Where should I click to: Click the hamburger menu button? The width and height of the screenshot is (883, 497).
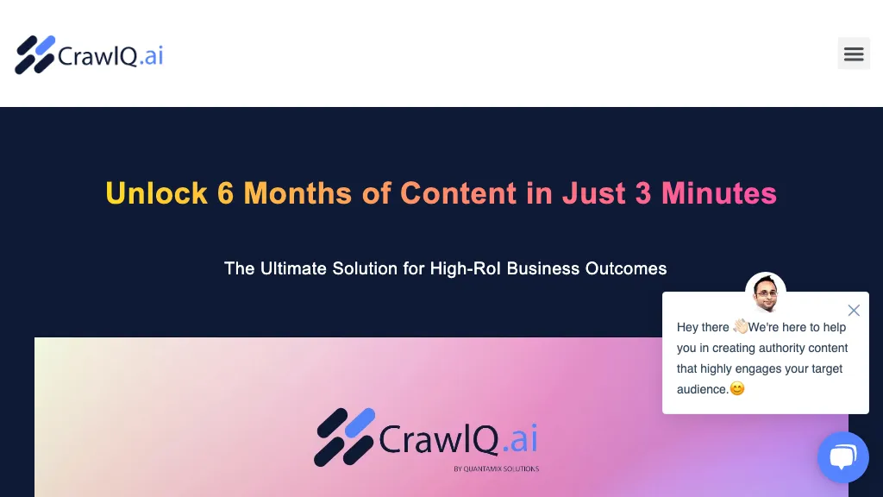point(854,53)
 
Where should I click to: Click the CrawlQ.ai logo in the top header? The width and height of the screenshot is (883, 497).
point(89,55)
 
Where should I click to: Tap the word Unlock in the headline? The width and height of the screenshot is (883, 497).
point(156,193)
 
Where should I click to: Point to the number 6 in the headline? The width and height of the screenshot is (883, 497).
point(226,193)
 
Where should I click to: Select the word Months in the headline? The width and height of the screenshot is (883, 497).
point(297,193)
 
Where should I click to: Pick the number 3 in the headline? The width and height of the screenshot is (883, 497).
point(643,193)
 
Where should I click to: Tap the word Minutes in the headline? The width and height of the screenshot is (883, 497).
point(719,193)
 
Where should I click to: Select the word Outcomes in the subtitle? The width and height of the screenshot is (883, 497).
point(626,268)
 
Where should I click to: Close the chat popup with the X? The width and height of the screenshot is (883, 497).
point(854,311)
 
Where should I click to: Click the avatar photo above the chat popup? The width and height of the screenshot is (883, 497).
point(766,293)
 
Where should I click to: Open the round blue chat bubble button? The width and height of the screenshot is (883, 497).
point(842,456)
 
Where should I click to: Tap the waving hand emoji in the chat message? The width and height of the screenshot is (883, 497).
point(741,327)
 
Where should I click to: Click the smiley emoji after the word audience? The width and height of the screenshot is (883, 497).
point(737,389)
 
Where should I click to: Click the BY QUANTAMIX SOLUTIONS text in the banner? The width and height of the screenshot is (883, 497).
point(496,469)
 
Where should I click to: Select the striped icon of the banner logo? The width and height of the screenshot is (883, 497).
point(344,437)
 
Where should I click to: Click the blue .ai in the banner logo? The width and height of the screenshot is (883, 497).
point(520,439)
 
